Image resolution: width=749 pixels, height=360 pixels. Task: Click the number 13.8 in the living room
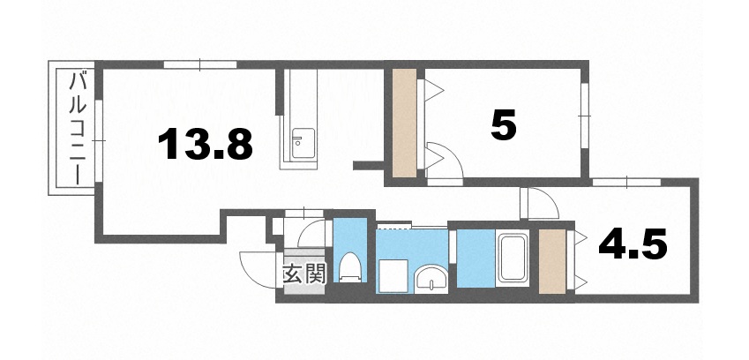(206, 143)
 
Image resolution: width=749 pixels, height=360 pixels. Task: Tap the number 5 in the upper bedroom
(503, 125)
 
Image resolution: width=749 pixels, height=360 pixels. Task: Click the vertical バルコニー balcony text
(77, 129)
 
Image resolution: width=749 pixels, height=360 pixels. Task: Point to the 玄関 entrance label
(303, 274)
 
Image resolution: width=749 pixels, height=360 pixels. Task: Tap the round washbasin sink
(431, 279)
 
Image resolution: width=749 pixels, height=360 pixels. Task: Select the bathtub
(512, 259)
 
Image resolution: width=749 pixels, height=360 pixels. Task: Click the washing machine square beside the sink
(391, 274)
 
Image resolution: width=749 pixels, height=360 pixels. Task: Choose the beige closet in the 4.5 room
(552, 261)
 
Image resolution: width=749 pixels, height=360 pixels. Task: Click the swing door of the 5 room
(442, 161)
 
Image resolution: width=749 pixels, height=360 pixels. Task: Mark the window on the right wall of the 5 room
(583, 112)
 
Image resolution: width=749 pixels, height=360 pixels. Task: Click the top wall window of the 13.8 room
(200, 64)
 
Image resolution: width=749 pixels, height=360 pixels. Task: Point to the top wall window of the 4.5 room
(627, 182)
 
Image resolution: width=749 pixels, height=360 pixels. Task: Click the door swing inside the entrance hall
(311, 232)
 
